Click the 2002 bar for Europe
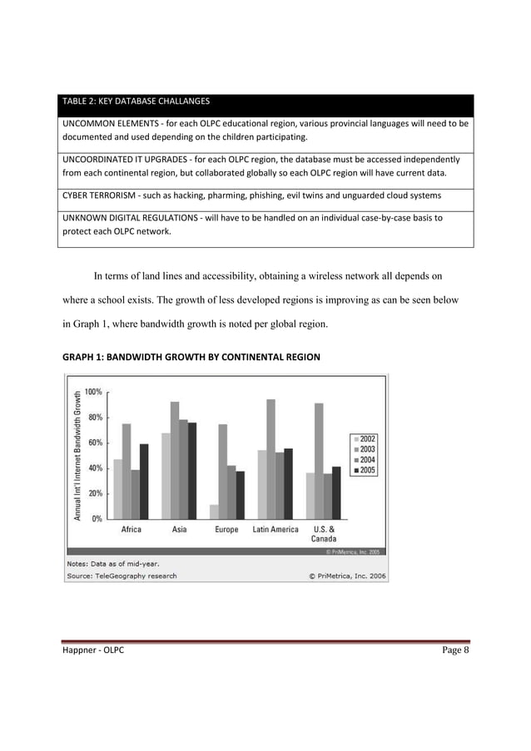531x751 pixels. pos(214,511)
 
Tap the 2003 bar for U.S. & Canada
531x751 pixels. pos(320,461)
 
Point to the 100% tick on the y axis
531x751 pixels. pos(93,391)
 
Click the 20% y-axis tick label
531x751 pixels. pos(93,493)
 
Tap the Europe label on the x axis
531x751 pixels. pos(226,530)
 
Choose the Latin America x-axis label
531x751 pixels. pos(275,530)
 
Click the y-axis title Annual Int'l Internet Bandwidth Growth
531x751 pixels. pos(77,455)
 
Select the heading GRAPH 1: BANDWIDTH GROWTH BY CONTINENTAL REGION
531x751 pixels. pos(191,358)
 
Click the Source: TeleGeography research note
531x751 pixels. pos(122,576)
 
